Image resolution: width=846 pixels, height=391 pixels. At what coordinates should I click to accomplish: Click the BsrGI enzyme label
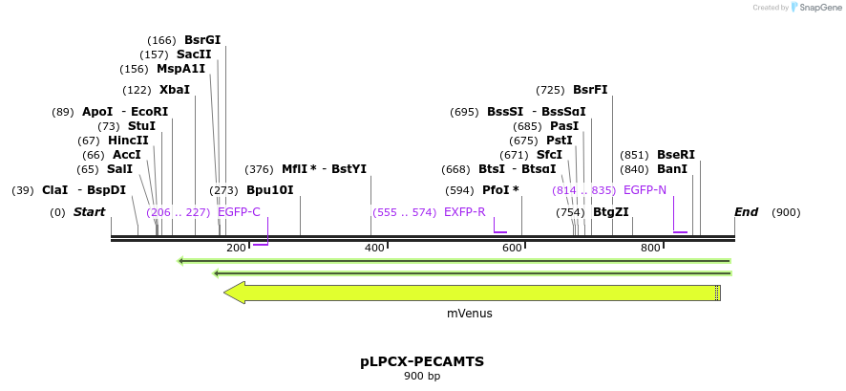coord(201,40)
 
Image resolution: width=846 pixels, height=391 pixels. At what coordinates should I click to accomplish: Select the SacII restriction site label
coord(194,54)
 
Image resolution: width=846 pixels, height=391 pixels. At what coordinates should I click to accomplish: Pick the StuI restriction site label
coord(141,126)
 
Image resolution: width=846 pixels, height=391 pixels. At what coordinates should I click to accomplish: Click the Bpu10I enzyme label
coord(269,190)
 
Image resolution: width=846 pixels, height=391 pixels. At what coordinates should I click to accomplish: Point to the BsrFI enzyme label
coord(590,90)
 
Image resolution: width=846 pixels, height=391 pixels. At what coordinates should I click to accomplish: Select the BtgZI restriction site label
coord(610,212)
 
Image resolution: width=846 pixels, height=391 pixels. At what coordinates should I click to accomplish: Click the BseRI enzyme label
coord(675,155)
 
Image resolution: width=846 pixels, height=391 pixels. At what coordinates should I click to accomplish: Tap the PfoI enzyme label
coord(500,190)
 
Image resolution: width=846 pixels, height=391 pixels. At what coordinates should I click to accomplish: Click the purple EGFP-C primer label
coord(239,212)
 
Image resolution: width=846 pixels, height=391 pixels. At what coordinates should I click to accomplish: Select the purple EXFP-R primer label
coord(464,212)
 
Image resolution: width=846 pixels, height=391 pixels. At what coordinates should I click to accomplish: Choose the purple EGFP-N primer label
coord(645,190)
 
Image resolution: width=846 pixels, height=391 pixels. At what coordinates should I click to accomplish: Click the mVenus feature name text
coord(470,313)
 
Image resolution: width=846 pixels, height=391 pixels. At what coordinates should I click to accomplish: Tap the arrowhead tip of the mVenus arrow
coord(225,293)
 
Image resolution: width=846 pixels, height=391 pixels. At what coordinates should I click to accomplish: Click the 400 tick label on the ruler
coord(374,249)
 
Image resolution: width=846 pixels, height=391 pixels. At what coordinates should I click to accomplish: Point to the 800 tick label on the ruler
coord(650,249)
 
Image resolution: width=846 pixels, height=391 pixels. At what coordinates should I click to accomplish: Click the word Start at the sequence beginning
coord(89,212)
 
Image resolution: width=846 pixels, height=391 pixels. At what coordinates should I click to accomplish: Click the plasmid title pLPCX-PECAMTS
coord(422,361)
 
